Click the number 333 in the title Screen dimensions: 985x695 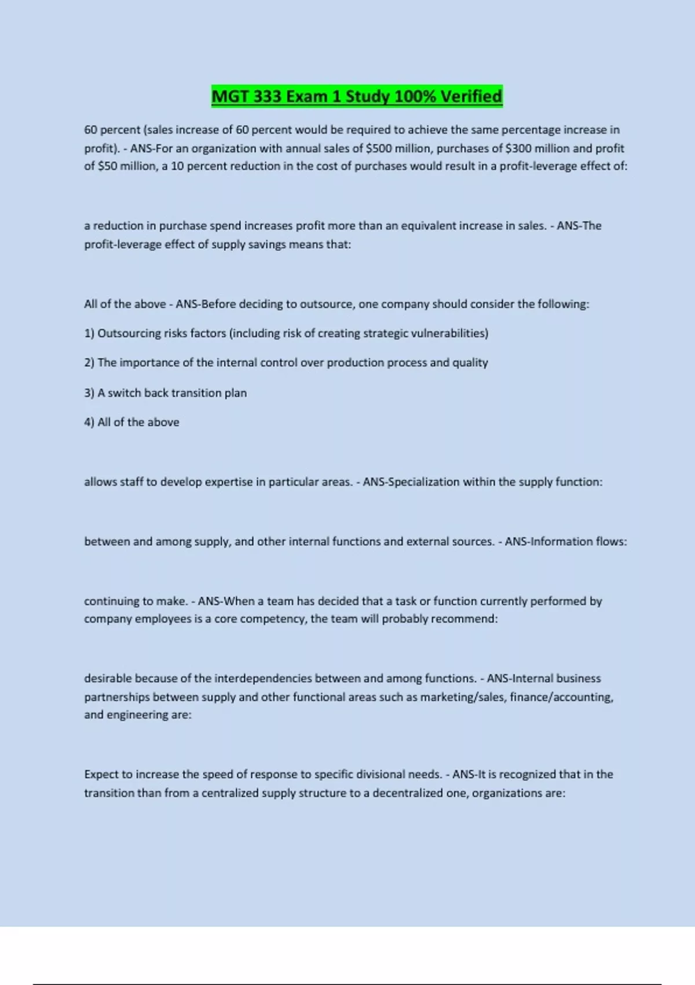(x=266, y=96)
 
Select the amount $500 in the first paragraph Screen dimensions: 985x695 (x=379, y=148)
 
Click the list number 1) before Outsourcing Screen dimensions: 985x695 (x=89, y=333)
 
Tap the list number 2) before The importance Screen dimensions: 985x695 (x=89, y=363)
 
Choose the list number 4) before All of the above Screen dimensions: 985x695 (x=89, y=422)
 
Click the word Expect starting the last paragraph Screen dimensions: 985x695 (x=101, y=775)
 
